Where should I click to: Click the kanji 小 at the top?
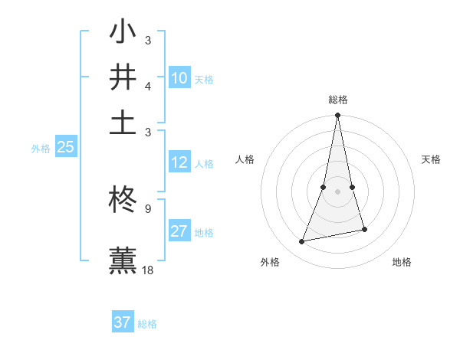tap(123, 33)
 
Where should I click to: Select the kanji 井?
tap(123, 77)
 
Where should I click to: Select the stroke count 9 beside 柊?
tap(147, 208)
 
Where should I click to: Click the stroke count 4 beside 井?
tap(147, 86)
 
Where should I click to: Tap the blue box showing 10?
tap(179, 78)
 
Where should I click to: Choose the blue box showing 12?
tap(179, 162)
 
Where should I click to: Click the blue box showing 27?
tap(179, 231)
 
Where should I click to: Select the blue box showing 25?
tap(65, 148)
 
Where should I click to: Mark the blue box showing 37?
tap(122, 322)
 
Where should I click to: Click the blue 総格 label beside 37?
tap(147, 324)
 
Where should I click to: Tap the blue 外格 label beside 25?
tap(41, 149)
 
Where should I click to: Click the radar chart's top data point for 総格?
tap(337, 116)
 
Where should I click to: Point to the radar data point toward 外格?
tap(302, 242)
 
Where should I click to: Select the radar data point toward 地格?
tap(364, 229)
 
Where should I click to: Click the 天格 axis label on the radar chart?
tap(432, 159)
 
